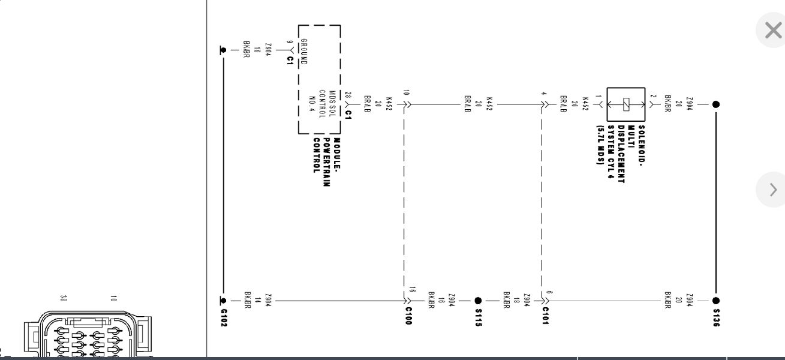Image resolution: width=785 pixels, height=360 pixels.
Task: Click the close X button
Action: click(773, 30)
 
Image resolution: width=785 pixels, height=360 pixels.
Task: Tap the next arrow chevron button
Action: click(773, 190)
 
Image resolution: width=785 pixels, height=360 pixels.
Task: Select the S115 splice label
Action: click(479, 317)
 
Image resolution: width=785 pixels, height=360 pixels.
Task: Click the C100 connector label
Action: click(408, 316)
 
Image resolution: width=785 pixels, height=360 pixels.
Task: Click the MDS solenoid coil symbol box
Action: click(625, 104)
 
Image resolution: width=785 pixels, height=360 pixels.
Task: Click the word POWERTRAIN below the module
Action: click(326, 163)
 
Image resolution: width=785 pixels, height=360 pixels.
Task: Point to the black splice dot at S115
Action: click(478, 301)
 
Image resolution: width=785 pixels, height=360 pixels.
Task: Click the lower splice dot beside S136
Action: click(715, 301)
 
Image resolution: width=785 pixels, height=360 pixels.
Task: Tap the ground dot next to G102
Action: click(223, 301)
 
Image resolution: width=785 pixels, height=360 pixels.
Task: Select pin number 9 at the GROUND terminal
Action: click(289, 42)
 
